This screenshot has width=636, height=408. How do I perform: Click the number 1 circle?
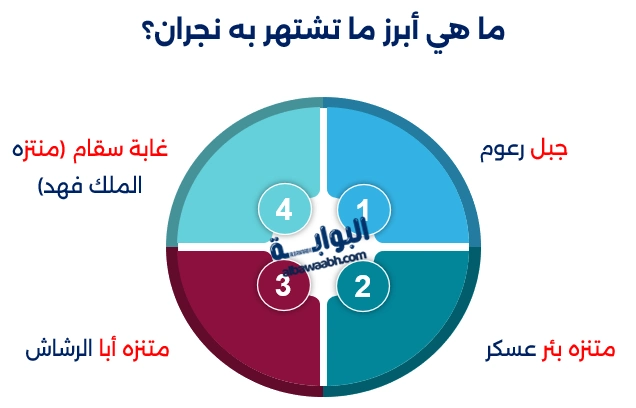(x=362, y=210)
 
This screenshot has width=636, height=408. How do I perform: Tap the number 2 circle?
(x=362, y=287)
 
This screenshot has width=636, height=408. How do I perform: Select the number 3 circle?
(x=283, y=287)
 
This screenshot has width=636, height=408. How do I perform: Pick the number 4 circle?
(x=283, y=210)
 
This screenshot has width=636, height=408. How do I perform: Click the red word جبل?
(x=548, y=152)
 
